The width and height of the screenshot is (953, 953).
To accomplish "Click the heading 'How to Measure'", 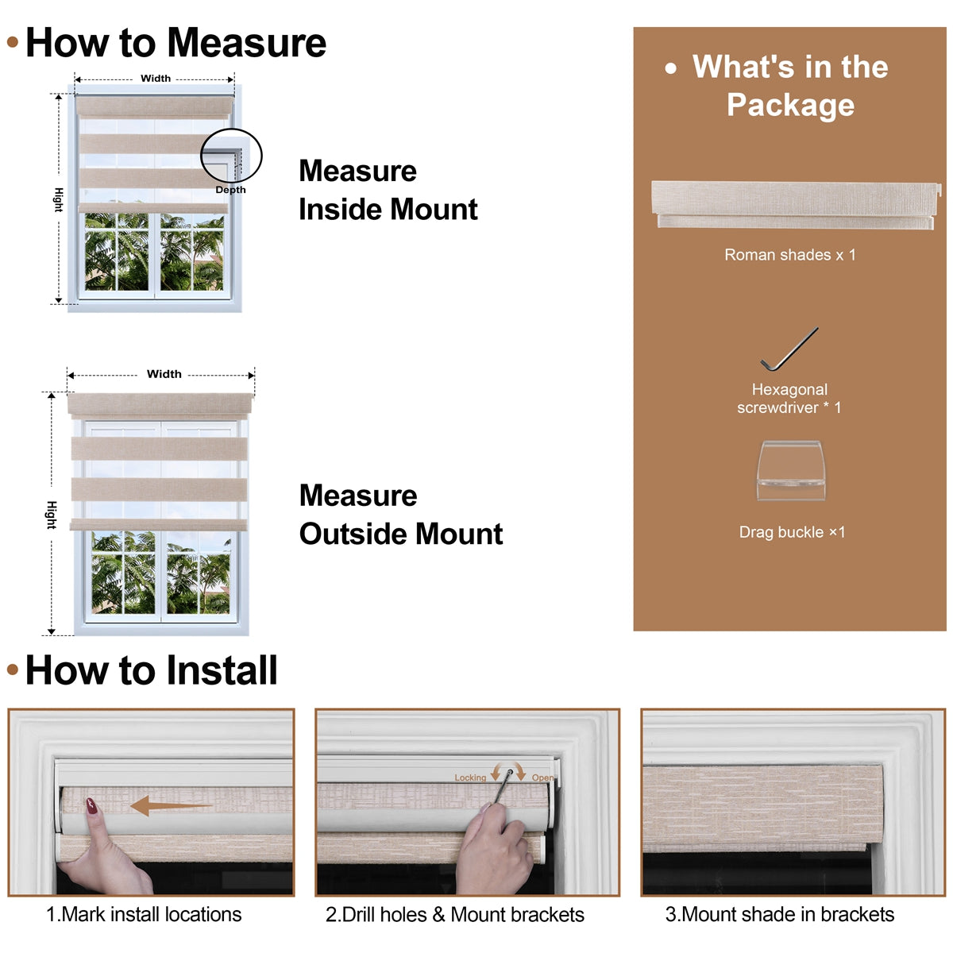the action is [x=176, y=43].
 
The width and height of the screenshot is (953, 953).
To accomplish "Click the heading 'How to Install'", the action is [x=152, y=670].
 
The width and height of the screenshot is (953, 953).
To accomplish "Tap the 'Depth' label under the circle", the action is [x=230, y=190].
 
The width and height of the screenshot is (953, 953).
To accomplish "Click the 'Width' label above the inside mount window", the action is [x=156, y=78].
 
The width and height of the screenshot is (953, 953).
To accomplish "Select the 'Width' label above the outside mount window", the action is [x=164, y=374].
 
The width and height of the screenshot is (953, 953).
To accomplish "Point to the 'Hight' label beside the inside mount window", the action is [x=58, y=200].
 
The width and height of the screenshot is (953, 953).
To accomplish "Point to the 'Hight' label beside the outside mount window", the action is [x=52, y=515].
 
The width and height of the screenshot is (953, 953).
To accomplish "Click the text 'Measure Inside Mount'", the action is [x=388, y=190].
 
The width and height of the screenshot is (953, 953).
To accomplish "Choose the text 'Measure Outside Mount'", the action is [x=400, y=515].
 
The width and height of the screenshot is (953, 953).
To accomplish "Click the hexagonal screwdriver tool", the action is [x=789, y=349].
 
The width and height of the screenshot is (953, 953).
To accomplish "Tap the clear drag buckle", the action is [x=791, y=470].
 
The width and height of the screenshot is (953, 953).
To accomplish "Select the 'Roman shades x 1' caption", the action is [x=789, y=255].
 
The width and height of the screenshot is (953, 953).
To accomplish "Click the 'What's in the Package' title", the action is [x=789, y=86].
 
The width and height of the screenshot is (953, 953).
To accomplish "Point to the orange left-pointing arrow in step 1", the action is [x=171, y=805].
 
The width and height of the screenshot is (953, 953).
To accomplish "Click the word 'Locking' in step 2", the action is [x=470, y=778].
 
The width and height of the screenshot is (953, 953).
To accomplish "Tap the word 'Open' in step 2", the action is [x=542, y=778].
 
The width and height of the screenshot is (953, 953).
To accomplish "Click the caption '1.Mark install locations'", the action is [x=144, y=914].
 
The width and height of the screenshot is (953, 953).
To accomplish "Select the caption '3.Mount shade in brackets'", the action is [x=779, y=914].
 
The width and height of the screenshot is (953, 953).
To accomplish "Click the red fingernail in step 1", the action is [x=91, y=805].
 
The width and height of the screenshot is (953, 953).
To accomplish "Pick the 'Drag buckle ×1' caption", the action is [x=792, y=532].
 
